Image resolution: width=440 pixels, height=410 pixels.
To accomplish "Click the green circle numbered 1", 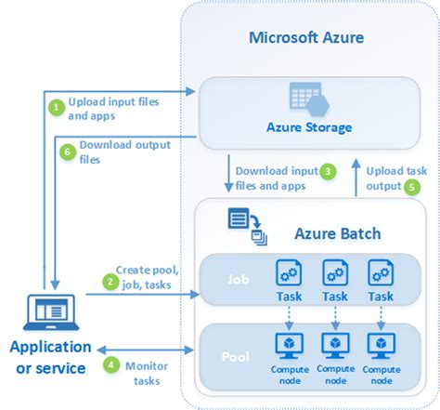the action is click(57, 107).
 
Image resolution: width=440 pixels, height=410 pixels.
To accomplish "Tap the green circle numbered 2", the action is click(110, 282).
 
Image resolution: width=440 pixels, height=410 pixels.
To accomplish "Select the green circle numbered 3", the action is click(328, 171).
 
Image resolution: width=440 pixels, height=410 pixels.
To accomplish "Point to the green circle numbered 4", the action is click(111, 364).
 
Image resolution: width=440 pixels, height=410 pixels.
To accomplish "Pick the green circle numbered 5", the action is click(412, 187).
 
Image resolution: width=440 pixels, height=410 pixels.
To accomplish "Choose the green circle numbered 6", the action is click(68, 152).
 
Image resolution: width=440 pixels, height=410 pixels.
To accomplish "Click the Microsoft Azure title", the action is click(306, 38).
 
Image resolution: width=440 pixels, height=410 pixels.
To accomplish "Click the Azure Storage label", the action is click(309, 127).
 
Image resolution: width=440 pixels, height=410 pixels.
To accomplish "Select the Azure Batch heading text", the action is click(338, 233).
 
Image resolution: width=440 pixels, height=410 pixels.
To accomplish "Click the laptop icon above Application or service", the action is click(51, 312).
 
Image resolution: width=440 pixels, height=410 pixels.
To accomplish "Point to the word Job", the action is click(239, 280).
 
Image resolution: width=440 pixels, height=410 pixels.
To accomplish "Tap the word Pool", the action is click(236, 357).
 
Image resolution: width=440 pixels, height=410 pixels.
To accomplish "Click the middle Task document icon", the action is click(335, 272).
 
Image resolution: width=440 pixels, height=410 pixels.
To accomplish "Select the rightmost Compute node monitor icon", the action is click(382, 346).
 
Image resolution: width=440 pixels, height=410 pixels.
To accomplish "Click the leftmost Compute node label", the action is click(290, 375).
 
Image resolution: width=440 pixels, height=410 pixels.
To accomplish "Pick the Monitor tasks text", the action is click(147, 374).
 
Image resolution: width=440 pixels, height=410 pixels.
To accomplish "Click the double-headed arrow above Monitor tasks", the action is click(145, 350).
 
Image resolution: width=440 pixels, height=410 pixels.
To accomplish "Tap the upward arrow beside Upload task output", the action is click(356, 178).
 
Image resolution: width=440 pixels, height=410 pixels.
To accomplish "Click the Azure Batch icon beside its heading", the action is click(247, 227).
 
